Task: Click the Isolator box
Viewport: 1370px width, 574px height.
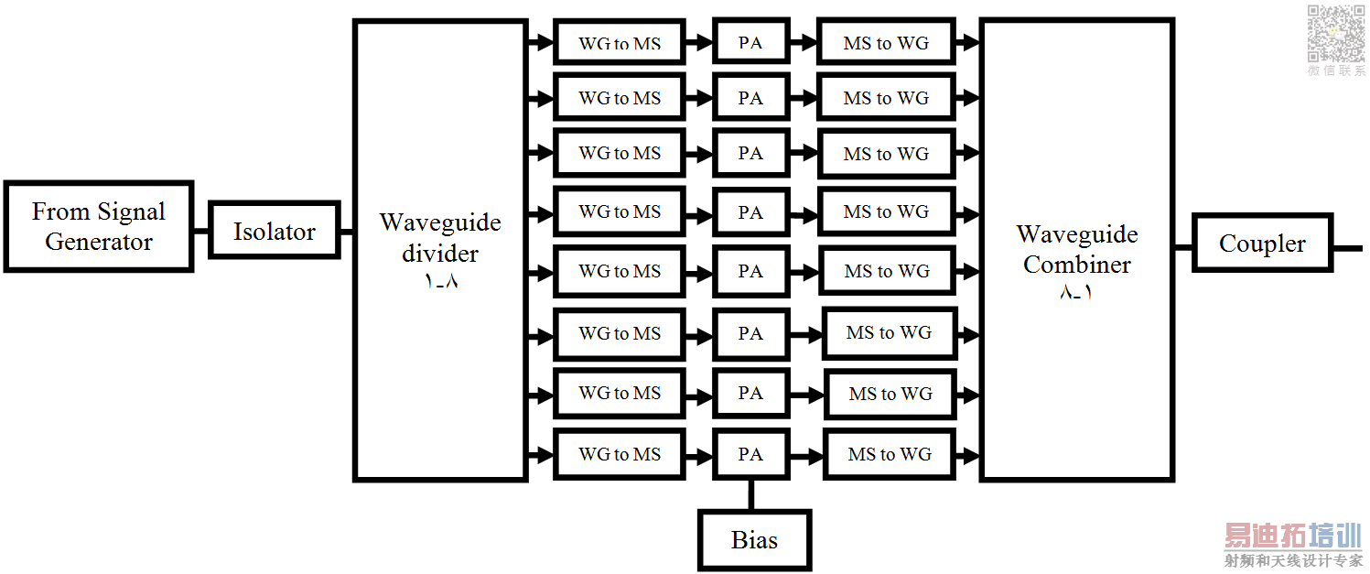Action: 275,230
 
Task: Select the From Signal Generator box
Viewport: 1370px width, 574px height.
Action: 99,227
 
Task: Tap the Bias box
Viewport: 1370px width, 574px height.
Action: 754,540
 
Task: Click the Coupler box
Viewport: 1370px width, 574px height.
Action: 1262,244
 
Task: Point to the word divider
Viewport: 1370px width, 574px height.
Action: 440,253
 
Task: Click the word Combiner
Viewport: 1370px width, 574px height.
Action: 1077,265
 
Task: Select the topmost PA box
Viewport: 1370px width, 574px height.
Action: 750,42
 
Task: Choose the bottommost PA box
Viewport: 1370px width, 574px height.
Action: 750,454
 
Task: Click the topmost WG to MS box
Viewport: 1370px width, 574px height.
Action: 620,42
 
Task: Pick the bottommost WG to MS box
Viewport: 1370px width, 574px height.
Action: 620,454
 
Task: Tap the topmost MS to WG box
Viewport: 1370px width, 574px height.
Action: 886,42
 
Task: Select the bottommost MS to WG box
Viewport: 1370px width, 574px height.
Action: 890,454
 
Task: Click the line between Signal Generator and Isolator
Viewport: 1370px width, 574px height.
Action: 200,231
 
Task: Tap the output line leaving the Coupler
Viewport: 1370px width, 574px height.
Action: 1347,247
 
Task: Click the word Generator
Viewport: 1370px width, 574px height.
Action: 99,243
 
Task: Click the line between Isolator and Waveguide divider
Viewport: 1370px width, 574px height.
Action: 347,231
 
